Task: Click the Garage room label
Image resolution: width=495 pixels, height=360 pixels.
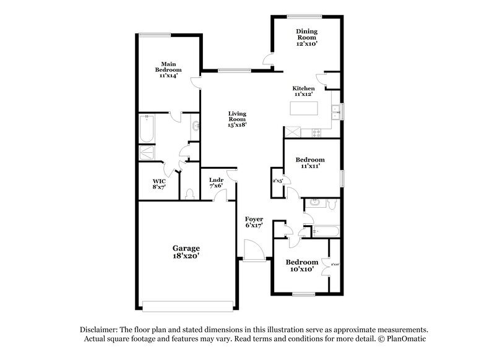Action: coord(186,248)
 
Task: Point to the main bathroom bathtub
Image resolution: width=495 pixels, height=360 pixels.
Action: coord(149,129)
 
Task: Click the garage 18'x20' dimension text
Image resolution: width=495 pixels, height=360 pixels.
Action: coord(186,254)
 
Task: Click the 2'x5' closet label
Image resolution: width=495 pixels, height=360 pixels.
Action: coord(278,181)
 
